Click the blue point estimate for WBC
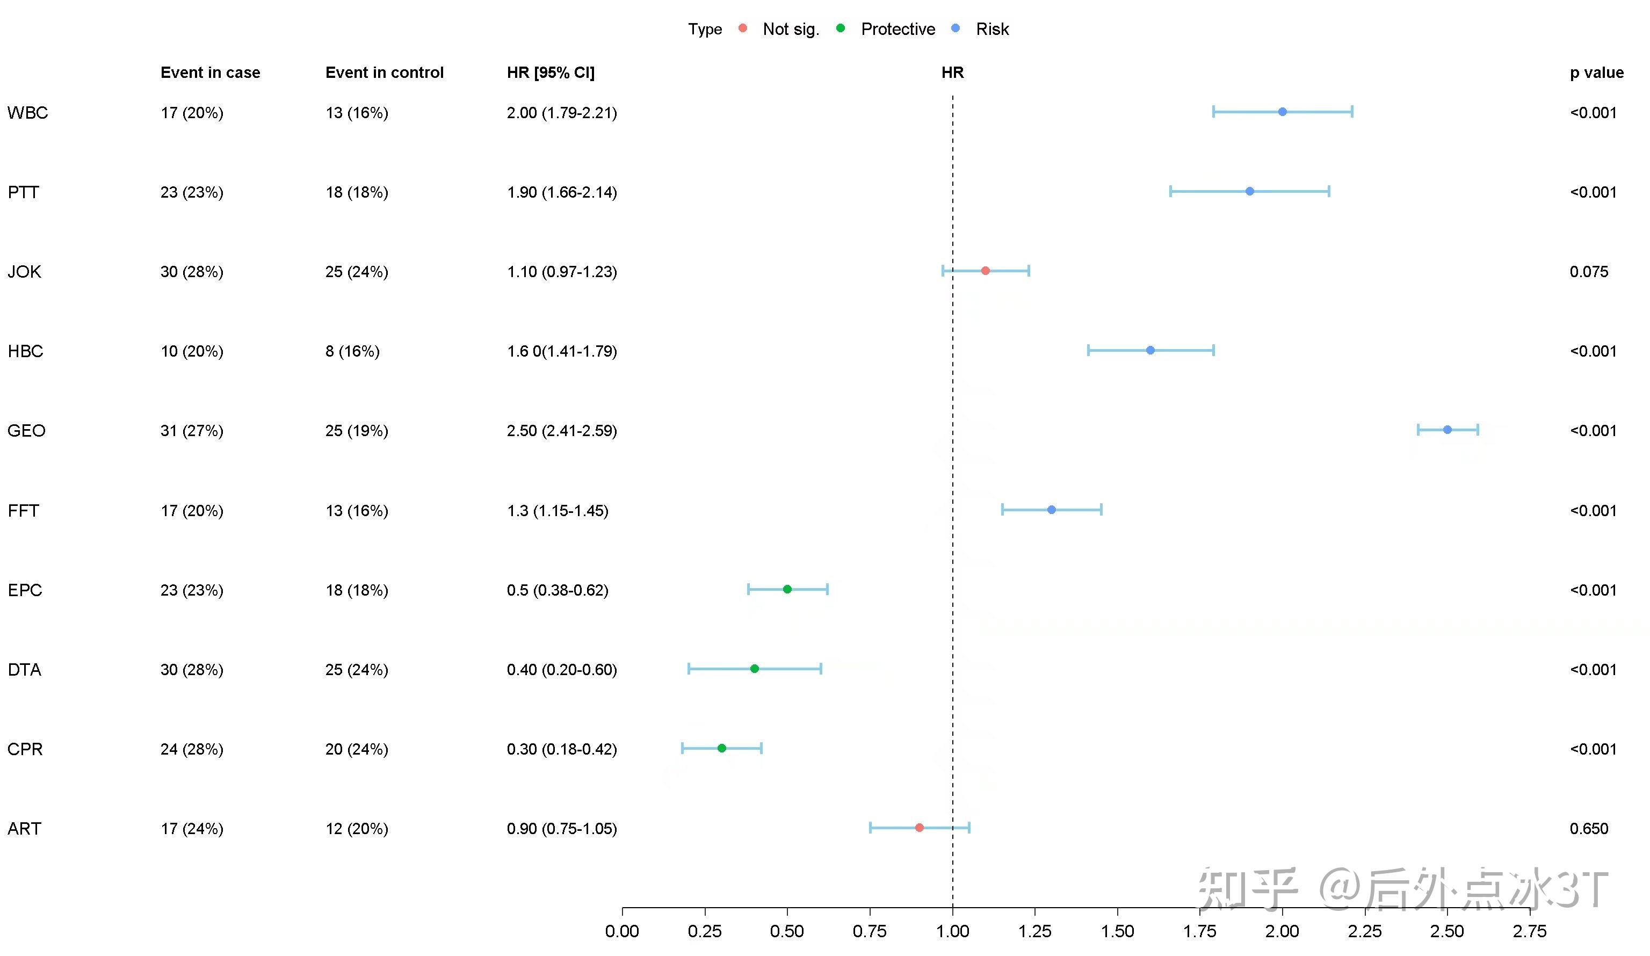click(1282, 112)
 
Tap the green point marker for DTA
click(754, 669)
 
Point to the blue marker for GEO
click(1447, 430)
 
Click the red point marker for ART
click(920, 828)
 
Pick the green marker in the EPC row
click(787, 589)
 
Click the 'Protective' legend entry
click(897, 29)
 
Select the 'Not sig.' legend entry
click(790, 29)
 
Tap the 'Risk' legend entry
click(992, 29)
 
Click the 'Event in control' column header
click(385, 72)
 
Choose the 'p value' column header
click(1596, 72)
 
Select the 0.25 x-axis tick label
click(705, 930)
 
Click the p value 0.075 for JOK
click(1588, 272)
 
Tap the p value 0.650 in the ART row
click(1588, 828)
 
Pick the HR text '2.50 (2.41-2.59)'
click(562, 431)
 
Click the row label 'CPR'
click(25, 749)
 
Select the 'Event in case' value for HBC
click(192, 352)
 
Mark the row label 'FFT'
click(24, 511)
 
